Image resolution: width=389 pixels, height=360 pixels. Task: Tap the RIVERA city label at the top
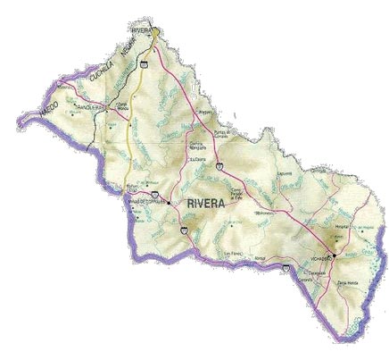pyautogui.click(x=142, y=29)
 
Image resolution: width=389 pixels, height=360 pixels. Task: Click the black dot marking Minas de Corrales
pyautogui.click(x=169, y=202)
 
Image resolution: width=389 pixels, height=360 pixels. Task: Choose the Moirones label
pyautogui.click(x=263, y=214)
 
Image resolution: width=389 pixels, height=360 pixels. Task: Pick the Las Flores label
pyautogui.click(x=233, y=253)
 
